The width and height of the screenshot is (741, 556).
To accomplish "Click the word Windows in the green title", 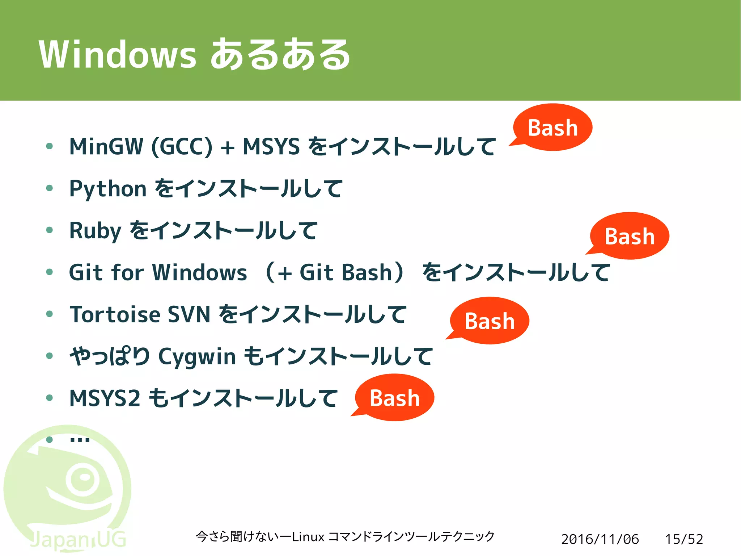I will point(118,54).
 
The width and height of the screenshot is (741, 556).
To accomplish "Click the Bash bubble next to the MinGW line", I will point(552,127).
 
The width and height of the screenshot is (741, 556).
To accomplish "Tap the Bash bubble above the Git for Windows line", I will point(630,236).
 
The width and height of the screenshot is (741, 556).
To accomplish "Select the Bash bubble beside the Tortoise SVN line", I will point(490,321).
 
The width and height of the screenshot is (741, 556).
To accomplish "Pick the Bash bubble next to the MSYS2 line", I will point(394,398).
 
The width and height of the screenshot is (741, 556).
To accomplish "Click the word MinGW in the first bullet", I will point(106,146).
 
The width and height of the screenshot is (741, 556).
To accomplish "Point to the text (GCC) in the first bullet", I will point(182,146).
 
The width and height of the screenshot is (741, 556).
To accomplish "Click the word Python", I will point(108,189).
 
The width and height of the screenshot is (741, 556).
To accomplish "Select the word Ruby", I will point(95,231).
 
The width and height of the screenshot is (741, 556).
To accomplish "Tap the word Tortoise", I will point(115,314).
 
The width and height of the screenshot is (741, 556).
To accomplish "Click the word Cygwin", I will point(197,357).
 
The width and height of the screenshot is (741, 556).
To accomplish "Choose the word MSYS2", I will point(105,398).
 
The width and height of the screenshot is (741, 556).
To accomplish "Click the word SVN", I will point(189,314).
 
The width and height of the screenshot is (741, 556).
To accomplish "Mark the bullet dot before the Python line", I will point(50,188).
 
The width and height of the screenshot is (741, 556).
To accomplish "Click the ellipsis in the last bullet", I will point(80,440).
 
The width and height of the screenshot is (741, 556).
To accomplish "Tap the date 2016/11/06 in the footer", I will point(600,539).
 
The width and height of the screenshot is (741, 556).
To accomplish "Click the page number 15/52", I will point(684,539).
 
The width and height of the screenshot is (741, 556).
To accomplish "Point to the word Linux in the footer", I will point(308,536).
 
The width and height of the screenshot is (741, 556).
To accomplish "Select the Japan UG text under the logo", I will point(78,540).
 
